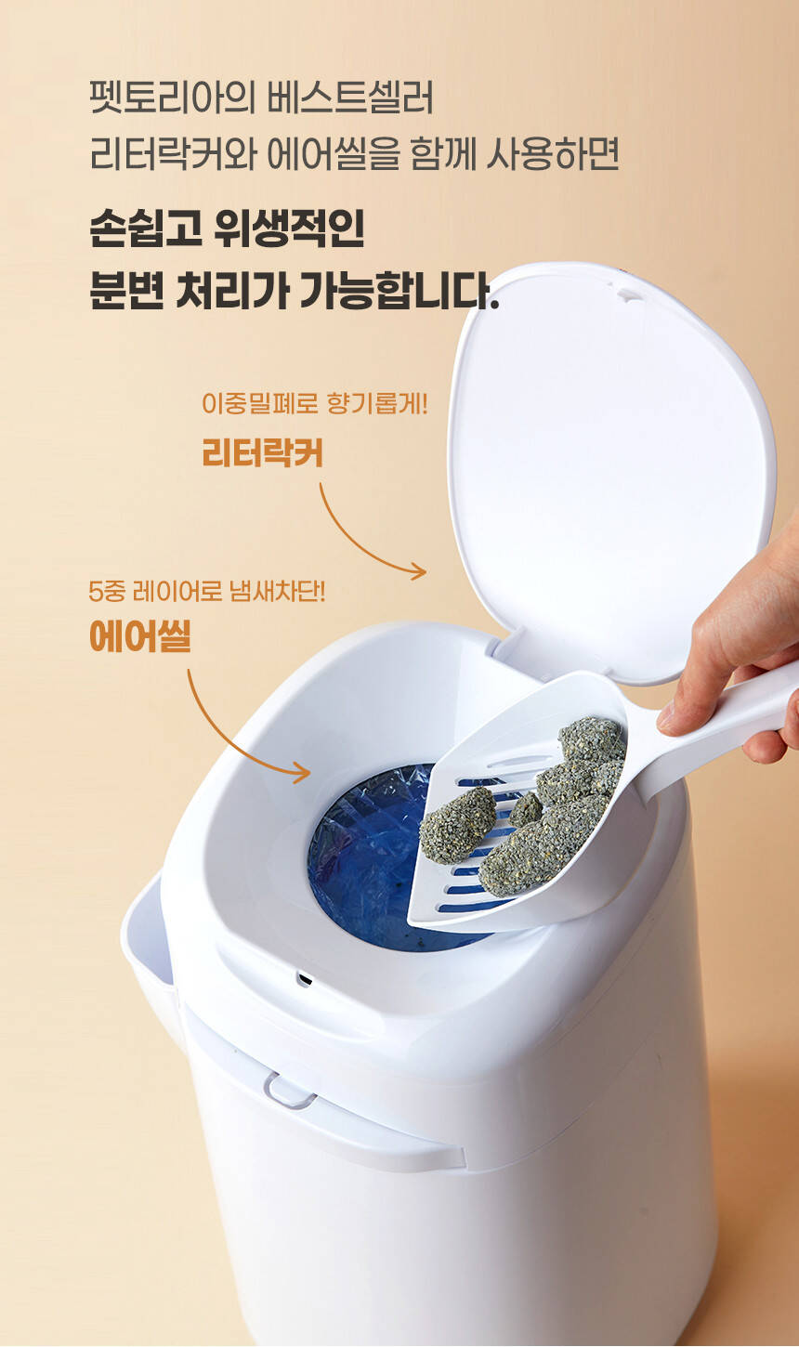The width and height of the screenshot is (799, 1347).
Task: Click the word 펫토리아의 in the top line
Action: pos(174,98)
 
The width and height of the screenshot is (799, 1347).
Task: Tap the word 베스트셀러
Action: pos(350,98)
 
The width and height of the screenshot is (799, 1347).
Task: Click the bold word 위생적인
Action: pos(289,229)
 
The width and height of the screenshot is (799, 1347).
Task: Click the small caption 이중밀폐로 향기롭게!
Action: pos(314,403)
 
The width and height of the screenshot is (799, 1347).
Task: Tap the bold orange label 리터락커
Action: pos(262,452)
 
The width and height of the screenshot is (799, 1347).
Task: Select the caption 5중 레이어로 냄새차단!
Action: pos(206,592)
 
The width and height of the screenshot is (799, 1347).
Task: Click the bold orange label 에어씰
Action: pos(140,636)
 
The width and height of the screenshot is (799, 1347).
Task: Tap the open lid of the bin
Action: pos(610,469)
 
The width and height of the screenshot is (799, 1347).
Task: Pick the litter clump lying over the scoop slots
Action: pos(457,824)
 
